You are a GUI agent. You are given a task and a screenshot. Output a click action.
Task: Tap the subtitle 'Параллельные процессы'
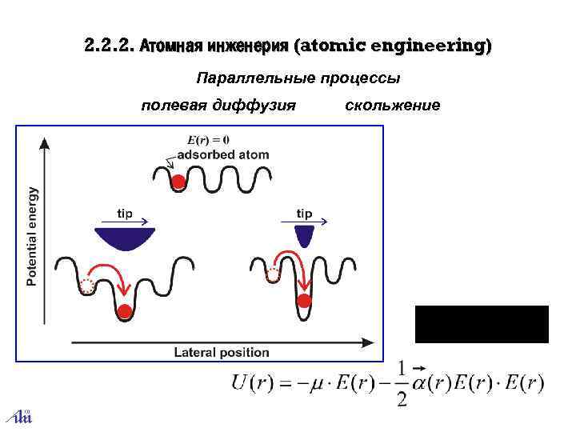tap(298, 78)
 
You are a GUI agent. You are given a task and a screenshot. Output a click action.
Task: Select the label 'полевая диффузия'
tap(218, 105)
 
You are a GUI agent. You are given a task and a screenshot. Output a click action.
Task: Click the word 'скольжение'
tap(392, 105)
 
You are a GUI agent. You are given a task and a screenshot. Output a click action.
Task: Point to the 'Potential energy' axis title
tap(32, 236)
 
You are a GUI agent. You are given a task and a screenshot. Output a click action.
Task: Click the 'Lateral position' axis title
tap(222, 352)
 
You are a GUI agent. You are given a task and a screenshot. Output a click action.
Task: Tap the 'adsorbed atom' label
tap(223, 154)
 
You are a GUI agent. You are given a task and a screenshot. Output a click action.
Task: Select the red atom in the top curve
tap(178, 182)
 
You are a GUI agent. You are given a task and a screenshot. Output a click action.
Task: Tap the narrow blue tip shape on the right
tap(304, 234)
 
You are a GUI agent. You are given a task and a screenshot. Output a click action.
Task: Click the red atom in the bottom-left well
tap(124, 310)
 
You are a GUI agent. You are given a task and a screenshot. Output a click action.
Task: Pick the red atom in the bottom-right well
tap(304, 301)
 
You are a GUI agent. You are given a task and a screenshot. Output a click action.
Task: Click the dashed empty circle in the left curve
tap(87, 286)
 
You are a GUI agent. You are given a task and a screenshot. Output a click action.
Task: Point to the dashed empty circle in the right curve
tap(274, 275)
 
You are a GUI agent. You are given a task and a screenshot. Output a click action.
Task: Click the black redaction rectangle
tap(482, 324)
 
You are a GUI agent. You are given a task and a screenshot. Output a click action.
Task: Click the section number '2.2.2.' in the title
tap(109, 46)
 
